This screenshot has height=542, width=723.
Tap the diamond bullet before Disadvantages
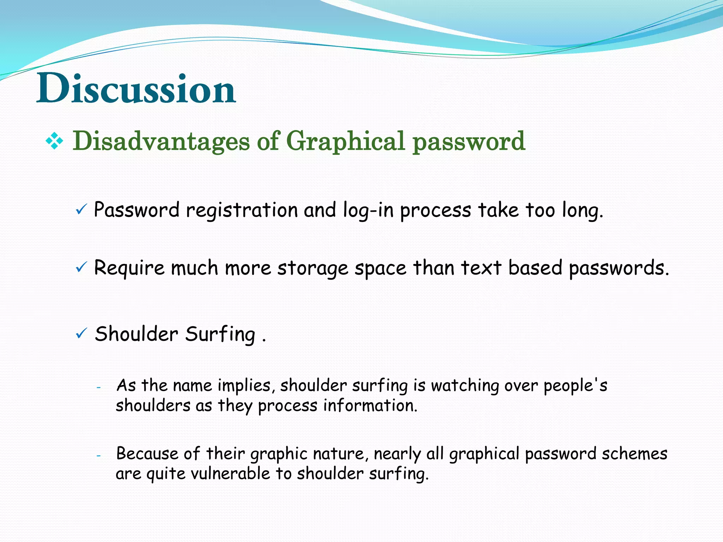pos(54,141)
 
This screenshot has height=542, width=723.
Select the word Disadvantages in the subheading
pos(161,141)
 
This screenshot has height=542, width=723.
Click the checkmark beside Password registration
pos(81,210)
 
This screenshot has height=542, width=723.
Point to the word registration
pos(242,211)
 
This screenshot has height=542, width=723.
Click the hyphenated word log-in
pos(368,211)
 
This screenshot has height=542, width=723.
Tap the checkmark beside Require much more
pos(81,268)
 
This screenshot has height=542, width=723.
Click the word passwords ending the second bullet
pos(619,269)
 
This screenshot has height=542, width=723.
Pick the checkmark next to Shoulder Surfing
pos(81,333)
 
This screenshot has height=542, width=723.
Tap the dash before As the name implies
pos(99,387)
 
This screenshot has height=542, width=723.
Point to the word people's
pos(575,386)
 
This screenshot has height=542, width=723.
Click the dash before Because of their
pos(99,456)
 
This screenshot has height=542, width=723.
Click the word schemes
pos(634,454)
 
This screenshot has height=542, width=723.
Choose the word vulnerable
pos(231,474)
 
